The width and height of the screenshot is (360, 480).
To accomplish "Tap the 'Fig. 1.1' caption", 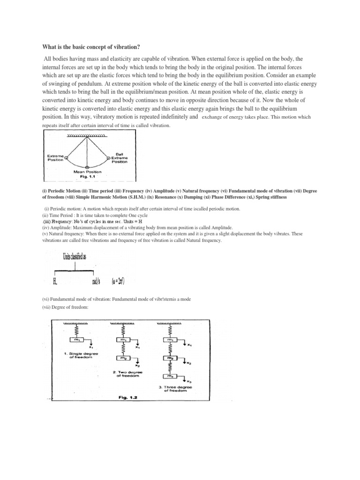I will [88, 177].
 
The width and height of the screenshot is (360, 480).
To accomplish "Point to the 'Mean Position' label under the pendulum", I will [88, 172].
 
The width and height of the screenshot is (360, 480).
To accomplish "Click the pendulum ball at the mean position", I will [88, 166].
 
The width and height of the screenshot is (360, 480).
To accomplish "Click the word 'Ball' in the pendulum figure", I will [120, 153].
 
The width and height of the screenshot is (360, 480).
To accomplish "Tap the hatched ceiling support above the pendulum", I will [88, 135].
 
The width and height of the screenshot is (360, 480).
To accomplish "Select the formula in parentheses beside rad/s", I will [117, 281].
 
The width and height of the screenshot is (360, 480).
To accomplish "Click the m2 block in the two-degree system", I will [122, 358].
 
